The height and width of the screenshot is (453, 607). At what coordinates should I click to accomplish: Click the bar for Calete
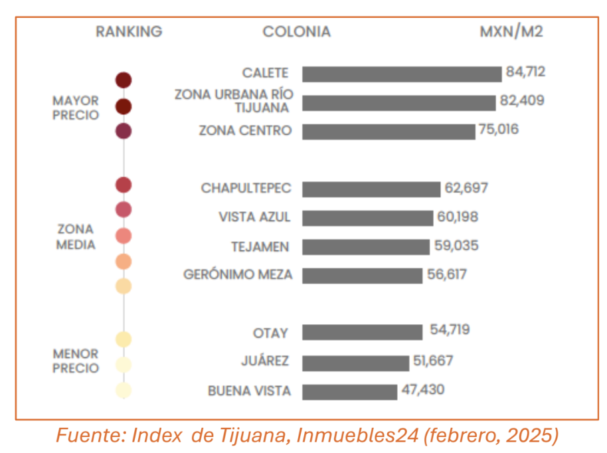pos(402,74)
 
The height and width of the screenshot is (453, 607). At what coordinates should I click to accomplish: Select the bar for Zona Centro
pos(389,131)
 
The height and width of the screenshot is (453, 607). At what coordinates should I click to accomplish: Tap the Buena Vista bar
pos(349,391)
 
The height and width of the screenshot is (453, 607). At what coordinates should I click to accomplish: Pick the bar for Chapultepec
pos(371,189)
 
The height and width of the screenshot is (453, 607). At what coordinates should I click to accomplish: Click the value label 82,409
pos(522,101)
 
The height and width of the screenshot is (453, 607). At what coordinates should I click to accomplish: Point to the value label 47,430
pos(423,389)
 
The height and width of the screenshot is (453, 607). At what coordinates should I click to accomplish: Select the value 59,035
pos(456,246)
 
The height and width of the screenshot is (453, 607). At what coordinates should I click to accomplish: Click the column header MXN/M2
pos(511,32)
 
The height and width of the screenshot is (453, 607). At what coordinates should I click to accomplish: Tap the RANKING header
pos(129,32)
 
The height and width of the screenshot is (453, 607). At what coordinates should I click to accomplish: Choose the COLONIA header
pos(296,32)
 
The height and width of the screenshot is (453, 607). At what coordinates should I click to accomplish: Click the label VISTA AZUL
pos(254,217)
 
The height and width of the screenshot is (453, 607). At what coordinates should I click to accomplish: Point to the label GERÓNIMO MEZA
pos(238,274)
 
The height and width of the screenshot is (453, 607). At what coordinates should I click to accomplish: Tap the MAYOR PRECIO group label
pos(76,108)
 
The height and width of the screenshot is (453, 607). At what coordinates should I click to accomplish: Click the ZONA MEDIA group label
pos(76,236)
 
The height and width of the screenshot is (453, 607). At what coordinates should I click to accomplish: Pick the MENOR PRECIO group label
pos(76,361)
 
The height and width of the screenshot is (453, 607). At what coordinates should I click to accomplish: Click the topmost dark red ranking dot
pos(124,80)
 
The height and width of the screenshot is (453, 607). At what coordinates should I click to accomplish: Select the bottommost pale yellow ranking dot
pos(124,391)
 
